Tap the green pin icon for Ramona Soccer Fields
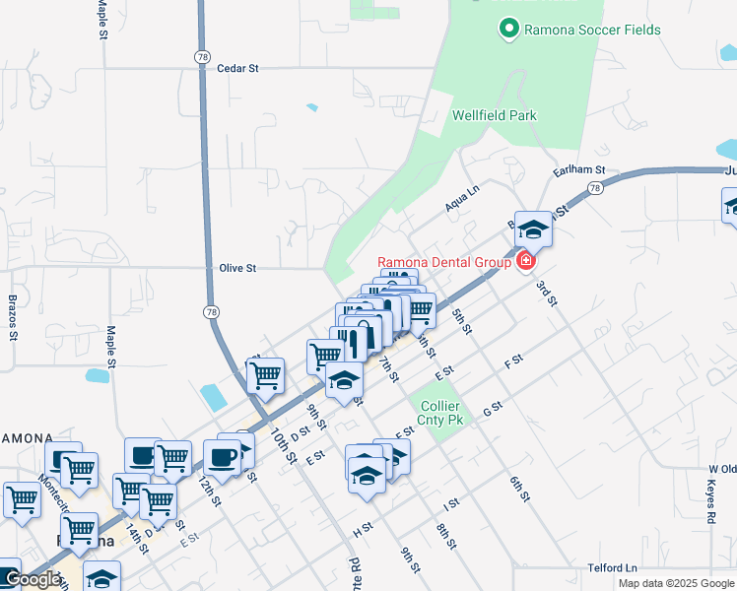(x=509, y=30)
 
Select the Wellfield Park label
(x=495, y=115)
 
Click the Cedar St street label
(x=236, y=69)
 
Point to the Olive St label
(x=237, y=268)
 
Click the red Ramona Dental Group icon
(x=525, y=261)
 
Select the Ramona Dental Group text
(x=445, y=262)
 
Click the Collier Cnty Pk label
(x=439, y=413)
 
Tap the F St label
(x=512, y=363)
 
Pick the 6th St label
(x=520, y=489)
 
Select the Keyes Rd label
(x=710, y=502)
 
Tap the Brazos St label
(x=13, y=316)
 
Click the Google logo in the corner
(x=33, y=580)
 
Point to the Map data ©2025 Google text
(x=676, y=583)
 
